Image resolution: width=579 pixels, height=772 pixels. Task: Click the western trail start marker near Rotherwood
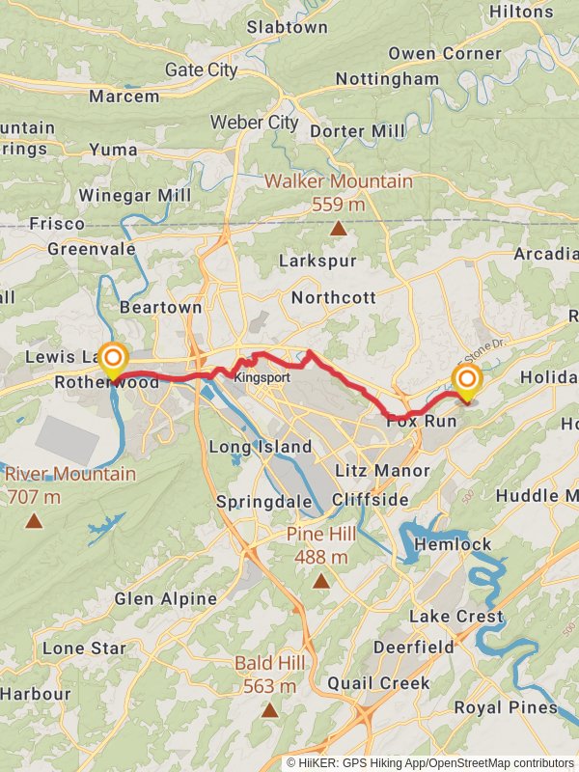coord(113,359)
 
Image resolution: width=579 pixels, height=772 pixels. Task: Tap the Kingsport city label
coord(262,377)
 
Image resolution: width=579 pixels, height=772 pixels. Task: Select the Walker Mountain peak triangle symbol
coord(338,229)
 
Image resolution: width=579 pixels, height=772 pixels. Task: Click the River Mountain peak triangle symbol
coord(34,521)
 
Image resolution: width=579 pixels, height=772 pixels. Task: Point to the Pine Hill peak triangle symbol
coord(320,581)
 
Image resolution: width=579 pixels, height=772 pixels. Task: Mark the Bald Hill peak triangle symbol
coord(270,710)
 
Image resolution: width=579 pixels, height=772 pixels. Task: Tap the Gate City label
coord(201,69)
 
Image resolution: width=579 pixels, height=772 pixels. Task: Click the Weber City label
coord(255,123)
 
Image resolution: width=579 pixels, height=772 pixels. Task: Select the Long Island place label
coord(261,447)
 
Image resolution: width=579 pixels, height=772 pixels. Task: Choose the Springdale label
coord(263,502)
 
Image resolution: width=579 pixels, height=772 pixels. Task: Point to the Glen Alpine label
coord(165,598)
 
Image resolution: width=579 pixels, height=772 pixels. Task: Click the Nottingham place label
coord(387,78)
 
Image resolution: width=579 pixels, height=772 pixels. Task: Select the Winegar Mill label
coord(134,195)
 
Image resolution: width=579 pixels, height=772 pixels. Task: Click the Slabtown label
coord(287,27)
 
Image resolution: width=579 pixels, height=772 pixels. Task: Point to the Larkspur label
coord(317,261)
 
